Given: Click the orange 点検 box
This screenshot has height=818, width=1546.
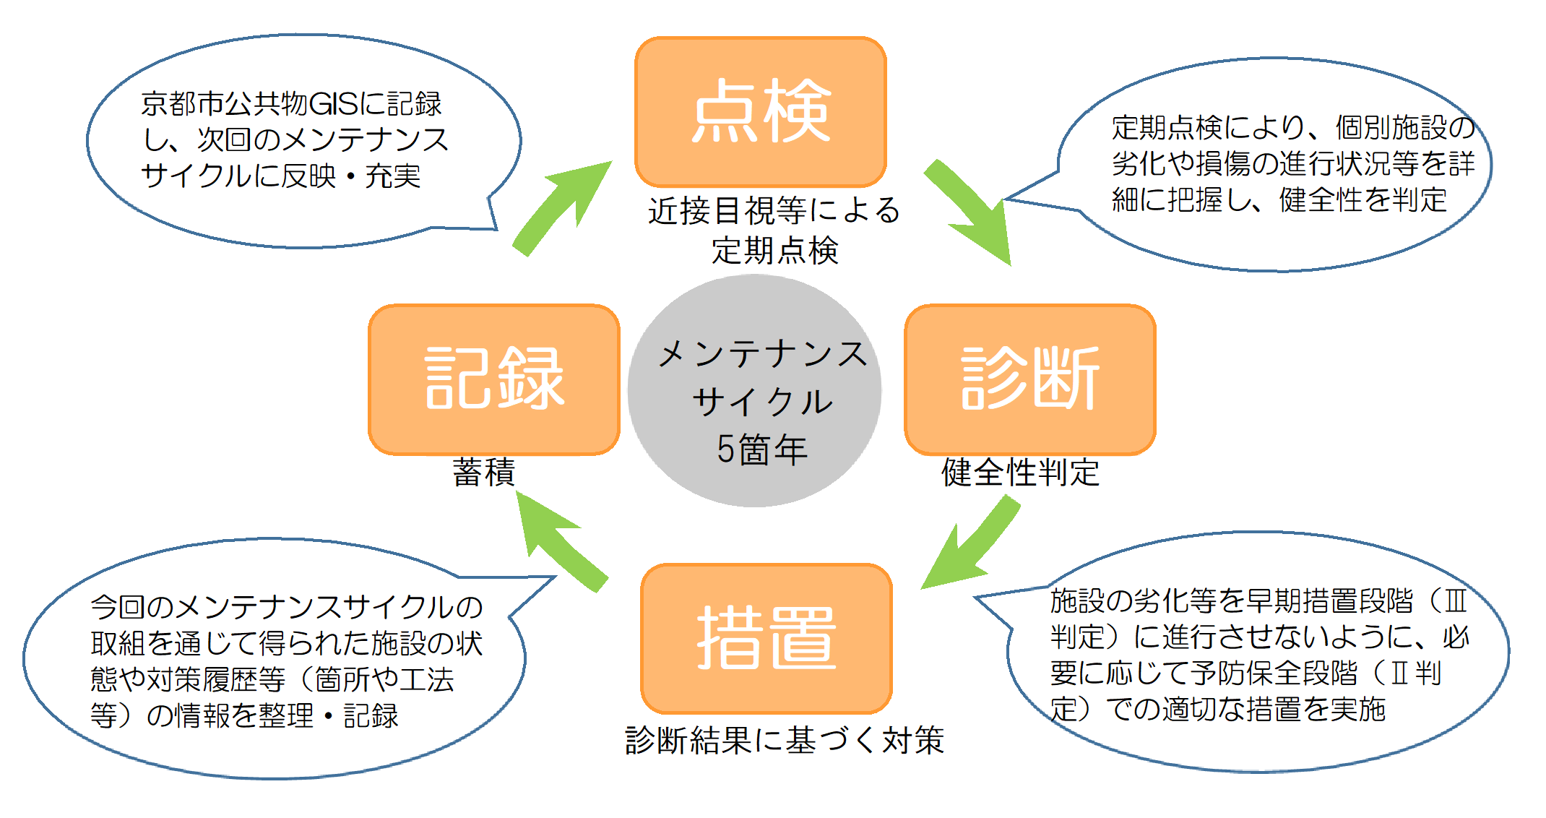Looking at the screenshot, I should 760,112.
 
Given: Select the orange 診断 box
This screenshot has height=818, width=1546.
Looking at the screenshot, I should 1029,379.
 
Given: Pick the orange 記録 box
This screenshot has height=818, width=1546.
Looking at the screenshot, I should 494,379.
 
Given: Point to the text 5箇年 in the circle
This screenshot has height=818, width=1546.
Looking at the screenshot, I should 761,449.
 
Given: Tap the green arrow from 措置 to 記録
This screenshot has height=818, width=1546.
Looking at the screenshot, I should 560,542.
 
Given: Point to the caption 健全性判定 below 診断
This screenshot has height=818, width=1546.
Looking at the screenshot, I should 1020,473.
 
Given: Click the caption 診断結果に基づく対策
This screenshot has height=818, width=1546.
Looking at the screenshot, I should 785,740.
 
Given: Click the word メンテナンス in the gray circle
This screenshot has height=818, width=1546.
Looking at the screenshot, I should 762,354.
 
